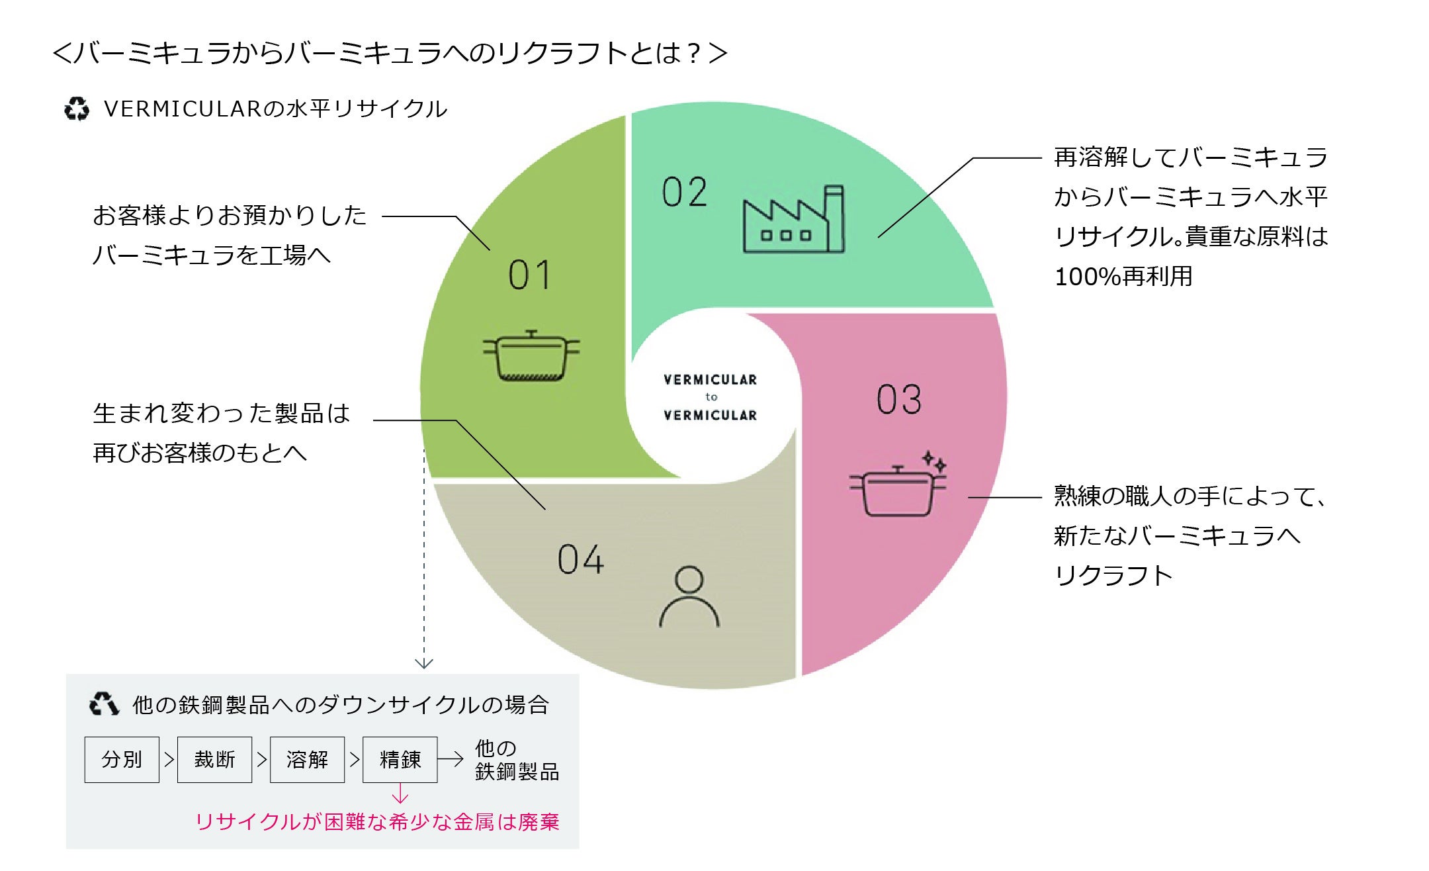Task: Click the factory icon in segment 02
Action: tap(793, 220)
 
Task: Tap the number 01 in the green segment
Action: tap(529, 275)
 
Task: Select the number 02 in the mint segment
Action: tap(685, 193)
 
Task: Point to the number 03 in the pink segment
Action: tap(899, 400)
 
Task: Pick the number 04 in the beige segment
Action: tap(580, 560)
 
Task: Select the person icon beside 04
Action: tap(689, 597)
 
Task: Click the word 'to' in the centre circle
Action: tap(711, 397)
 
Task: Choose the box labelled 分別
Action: tap(122, 759)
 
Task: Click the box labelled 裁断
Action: tap(214, 759)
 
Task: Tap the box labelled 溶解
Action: tap(307, 759)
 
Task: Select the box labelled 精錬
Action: tap(400, 759)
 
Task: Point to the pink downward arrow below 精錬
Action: tap(400, 794)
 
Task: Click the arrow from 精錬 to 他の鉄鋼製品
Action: tap(451, 759)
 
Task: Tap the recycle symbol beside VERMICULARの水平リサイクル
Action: tap(77, 109)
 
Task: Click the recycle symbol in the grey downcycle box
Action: tap(104, 704)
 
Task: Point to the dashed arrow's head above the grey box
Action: tap(424, 663)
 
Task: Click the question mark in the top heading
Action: tap(693, 54)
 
